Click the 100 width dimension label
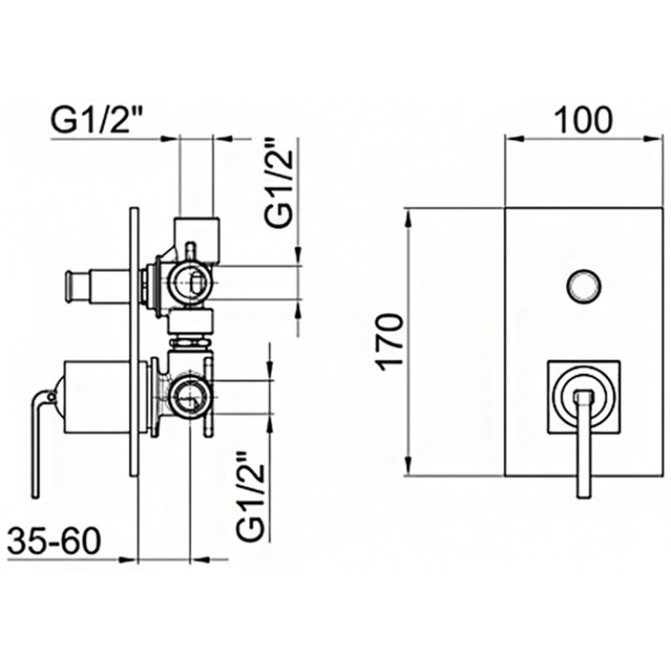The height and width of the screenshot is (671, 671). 583,120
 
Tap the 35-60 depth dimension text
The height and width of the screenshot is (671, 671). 54,541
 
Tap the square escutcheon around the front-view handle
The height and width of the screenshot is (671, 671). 584,397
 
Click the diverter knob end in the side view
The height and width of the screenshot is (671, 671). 69,286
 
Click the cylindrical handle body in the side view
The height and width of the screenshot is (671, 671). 97,397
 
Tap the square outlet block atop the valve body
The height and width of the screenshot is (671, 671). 197,239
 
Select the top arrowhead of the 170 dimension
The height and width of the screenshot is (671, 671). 408,218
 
